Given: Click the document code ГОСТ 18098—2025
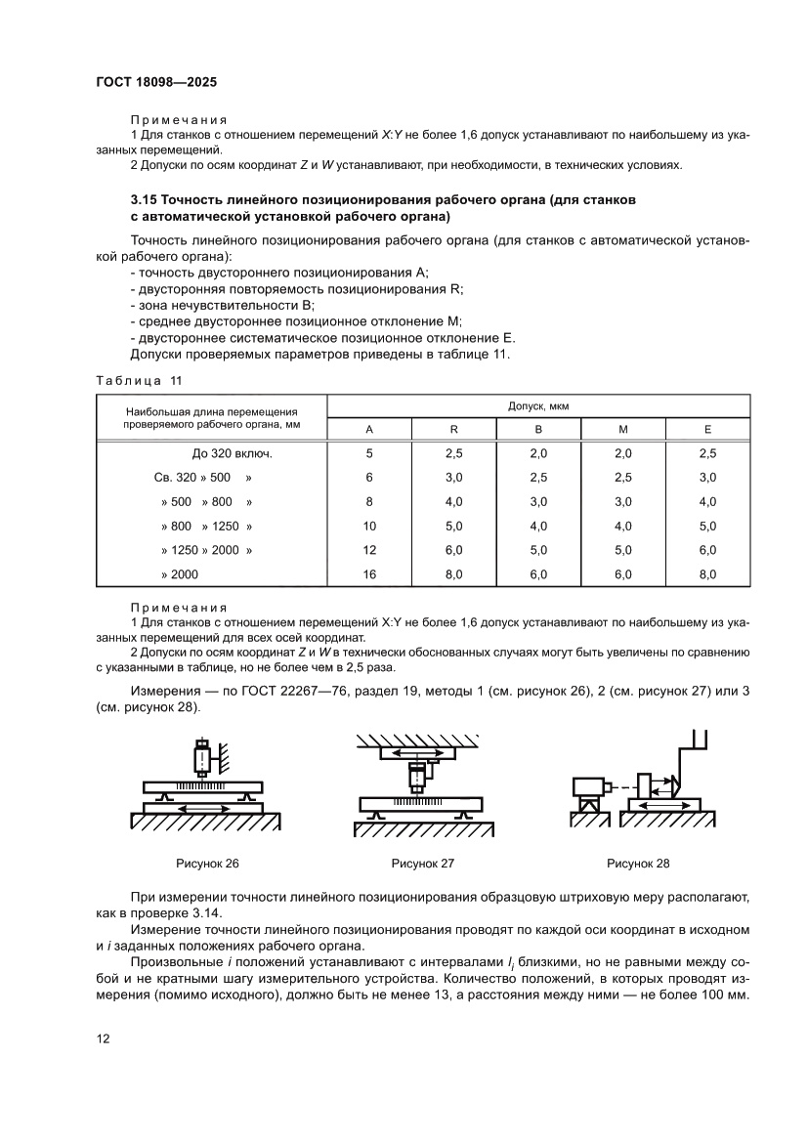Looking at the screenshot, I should [x=162, y=83].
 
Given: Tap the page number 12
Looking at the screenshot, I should [x=103, y=1038].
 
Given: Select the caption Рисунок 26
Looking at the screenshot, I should [x=207, y=864].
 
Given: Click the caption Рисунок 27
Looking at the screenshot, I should [x=423, y=864].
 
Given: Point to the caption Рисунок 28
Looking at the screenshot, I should [x=638, y=864].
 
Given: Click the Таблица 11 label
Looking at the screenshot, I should [x=138, y=379].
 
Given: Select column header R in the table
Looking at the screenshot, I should [x=454, y=430].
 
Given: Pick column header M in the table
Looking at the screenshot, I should [x=623, y=430].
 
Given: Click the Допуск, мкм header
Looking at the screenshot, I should [x=538, y=404].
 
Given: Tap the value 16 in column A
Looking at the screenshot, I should [x=369, y=575].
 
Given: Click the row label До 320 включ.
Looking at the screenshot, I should [x=233, y=453].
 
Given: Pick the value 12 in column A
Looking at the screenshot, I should [x=369, y=551].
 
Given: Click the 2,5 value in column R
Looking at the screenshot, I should [x=454, y=453].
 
